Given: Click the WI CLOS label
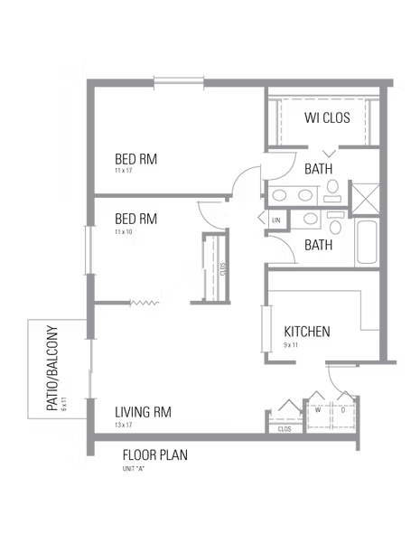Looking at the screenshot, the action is pos(327,117).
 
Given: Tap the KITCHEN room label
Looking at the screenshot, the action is pos(307,332).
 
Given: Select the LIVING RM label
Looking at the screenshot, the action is pos(143,412).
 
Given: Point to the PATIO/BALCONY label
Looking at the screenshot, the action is pos(52,368).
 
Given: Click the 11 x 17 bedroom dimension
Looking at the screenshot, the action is pos(123,171).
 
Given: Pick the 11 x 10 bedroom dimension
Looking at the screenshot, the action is pos(123,231).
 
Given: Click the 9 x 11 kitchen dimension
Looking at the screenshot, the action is pos(291,345).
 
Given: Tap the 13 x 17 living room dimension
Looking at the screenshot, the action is pos(123,425).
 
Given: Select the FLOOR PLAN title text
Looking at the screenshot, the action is pos(155,455).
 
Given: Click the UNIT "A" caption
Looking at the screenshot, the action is pos(133,469).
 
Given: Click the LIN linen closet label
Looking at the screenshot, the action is pos(276,220).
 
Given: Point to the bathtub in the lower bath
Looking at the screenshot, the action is pos(367,242).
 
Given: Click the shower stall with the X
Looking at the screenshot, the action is pos(366,199).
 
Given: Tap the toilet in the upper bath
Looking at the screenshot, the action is pos(332,191).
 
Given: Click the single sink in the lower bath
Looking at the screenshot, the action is pos(310,219).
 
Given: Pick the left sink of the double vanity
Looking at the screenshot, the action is pos(279,195).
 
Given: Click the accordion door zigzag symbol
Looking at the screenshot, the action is pos(145,304).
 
